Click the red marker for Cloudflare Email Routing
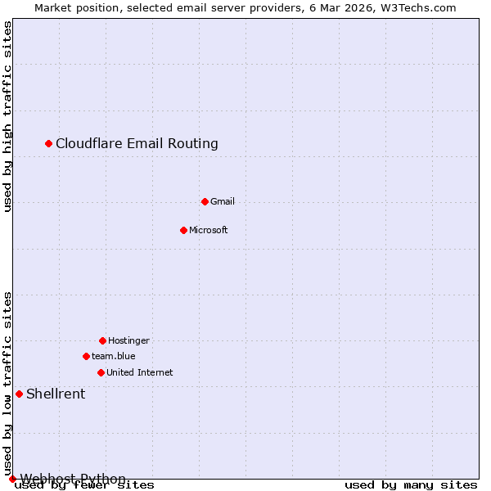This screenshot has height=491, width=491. click(x=48, y=143)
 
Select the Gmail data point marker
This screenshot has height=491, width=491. click(x=205, y=201)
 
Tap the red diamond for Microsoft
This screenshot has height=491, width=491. click(x=183, y=230)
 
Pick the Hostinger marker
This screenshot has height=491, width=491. click(x=102, y=340)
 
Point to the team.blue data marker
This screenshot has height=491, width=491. click(x=86, y=356)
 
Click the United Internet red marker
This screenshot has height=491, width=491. click(x=101, y=372)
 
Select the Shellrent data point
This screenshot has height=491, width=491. click(x=19, y=394)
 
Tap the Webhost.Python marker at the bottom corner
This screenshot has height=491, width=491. click(x=12, y=479)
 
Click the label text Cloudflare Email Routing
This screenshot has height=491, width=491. click(x=137, y=143)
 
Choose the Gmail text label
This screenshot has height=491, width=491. click(x=223, y=201)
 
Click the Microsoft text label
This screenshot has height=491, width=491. click(x=208, y=230)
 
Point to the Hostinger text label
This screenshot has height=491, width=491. click(x=128, y=340)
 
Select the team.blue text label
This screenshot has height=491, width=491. click(x=114, y=356)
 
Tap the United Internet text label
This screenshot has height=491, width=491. click(x=139, y=372)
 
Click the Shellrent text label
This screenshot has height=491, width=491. click(x=56, y=394)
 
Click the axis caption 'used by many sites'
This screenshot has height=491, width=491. click(x=411, y=485)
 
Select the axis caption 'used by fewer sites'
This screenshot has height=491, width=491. click(x=84, y=485)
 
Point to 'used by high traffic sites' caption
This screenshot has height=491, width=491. click(x=7, y=116)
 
